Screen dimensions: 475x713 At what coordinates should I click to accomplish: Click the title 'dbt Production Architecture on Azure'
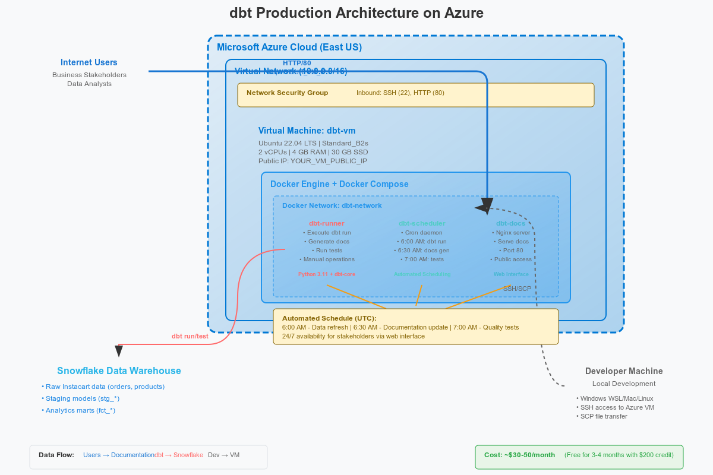(x=356, y=13)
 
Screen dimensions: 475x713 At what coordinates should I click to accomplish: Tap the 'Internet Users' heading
(x=89, y=62)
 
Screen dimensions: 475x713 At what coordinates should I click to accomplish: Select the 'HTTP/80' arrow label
(x=296, y=63)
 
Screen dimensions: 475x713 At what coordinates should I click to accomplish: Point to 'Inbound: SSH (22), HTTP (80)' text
(x=400, y=93)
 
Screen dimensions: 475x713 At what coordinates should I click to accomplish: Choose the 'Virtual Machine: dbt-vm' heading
(x=307, y=131)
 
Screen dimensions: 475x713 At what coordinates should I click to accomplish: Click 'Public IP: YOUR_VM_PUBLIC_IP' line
(x=313, y=161)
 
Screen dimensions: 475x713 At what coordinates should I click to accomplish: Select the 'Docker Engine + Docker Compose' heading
(x=339, y=184)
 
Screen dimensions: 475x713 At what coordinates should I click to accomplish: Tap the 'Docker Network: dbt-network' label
(x=332, y=205)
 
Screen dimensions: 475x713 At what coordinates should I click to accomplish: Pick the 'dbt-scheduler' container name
(x=422, y=223)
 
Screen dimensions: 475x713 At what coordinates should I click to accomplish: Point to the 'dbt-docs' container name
(x=510, y=223)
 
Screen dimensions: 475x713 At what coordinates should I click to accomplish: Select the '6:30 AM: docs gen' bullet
(x=422, y=251)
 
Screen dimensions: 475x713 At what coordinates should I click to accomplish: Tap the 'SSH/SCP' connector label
(x=517, y=289)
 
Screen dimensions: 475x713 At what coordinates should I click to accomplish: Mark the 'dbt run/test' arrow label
(x=190, y=336)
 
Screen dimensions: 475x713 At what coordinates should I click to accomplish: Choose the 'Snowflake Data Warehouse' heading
(x=119, y=371)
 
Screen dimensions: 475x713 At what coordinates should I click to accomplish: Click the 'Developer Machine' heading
(x=624, y=371)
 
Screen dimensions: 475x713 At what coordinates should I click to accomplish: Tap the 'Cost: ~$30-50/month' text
(x=519, y=455)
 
